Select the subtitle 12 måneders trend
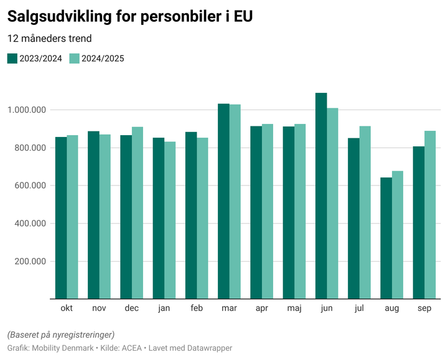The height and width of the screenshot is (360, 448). pyautogui.click(x=50, y=39)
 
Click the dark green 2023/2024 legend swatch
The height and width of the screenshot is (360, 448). pyautogui.click(x=12, y=59)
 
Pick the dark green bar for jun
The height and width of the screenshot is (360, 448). pyautogui.click(x=321, y=196)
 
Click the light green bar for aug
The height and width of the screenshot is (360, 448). pyautogui.click(x=398, y=235)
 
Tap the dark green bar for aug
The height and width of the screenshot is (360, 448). pyautogui.click(x=386, y=238)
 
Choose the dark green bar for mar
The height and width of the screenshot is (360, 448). pyautogui.click(x=223, y=201)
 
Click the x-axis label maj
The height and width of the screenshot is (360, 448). pyautogui.click(x=294, y=308)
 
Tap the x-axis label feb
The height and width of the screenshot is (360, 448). pyautogui.click(x=197, y=308)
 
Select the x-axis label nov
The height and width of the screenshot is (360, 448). pyautogui.click(x=99, y=308)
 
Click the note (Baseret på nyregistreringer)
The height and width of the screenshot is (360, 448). pyautogui.click(x=61, y=334)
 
